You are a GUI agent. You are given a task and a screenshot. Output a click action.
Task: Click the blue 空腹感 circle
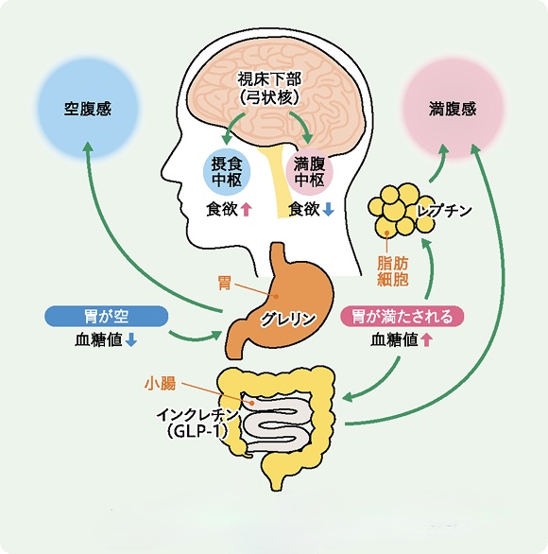tap(88, 108)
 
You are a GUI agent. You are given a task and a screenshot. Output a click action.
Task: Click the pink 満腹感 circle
tap(453, 108)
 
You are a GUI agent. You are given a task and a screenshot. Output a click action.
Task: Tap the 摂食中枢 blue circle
tap(227, 172)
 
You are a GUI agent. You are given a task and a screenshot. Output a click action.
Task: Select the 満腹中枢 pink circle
tap(309, 172)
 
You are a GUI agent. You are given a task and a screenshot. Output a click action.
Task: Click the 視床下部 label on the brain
tap(269, 79)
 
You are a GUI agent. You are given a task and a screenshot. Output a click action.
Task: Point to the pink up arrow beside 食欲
tap(246, 210)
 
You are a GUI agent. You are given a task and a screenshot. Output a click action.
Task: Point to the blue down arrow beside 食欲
tap(328, 210)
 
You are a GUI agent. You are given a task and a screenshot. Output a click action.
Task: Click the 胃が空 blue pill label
tap(106, 316)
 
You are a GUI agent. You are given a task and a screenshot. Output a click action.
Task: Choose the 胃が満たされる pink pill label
tap(402, 316)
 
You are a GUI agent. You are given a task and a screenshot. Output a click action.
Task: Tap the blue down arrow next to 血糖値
tap(131, 340)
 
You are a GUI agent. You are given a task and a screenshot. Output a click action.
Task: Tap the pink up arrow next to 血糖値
tap(426, 340)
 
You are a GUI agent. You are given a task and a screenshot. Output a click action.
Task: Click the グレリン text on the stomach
tap(288, 319)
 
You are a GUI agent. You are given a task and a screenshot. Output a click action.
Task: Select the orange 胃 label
tap(225, 283)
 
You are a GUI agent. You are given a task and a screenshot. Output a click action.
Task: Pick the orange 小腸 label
tap(160, 383)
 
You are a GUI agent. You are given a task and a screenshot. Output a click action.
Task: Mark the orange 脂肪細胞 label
tap(393, 271)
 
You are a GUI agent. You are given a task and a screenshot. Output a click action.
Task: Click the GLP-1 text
tap(197, 431)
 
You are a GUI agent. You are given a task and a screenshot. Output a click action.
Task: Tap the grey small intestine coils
tap(279, 423)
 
